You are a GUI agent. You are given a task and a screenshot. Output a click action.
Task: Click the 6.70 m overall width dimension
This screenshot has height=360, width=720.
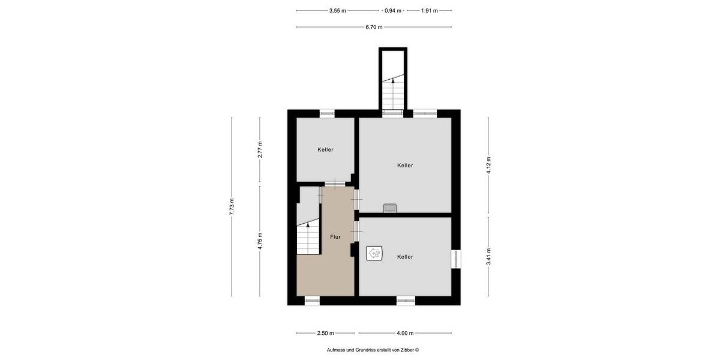point(374,27)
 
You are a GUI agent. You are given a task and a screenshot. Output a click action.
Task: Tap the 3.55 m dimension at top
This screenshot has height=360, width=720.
point(337,10)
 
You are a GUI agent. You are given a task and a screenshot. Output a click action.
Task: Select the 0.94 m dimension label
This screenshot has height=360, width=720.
point(392,10)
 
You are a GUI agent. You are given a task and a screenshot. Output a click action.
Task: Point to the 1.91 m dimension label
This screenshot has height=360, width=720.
point(429,10)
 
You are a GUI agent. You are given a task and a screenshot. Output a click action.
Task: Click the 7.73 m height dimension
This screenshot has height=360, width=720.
point(232,206)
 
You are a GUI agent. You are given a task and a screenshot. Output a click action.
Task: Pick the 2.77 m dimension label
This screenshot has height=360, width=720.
point(260,149)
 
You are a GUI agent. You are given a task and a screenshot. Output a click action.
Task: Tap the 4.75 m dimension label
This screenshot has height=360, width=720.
point(260,242)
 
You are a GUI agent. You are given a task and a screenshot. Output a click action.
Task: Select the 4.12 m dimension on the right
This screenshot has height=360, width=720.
point(488,164)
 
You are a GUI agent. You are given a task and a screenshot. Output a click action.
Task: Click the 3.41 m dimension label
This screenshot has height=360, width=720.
point(488,256)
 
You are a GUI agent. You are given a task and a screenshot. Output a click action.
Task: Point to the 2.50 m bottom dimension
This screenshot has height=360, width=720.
point(326,333)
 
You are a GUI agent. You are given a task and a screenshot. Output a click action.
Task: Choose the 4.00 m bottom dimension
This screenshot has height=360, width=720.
point(405,333)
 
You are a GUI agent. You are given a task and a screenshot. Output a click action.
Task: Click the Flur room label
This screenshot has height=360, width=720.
point(335,237)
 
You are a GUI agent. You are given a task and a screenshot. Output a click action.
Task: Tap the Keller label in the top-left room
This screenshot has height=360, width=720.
point(325,149)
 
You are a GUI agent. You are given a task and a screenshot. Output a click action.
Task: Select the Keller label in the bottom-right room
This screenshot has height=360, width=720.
point(405,257)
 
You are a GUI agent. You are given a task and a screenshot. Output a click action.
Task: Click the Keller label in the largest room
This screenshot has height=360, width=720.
point(405,165)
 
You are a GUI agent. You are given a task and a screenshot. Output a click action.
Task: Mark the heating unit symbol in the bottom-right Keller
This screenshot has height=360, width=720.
point(376,253)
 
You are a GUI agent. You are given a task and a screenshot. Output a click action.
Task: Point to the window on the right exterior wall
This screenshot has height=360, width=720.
point(456,258)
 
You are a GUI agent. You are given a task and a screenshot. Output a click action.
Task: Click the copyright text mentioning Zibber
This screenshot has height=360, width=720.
point(373,350)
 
